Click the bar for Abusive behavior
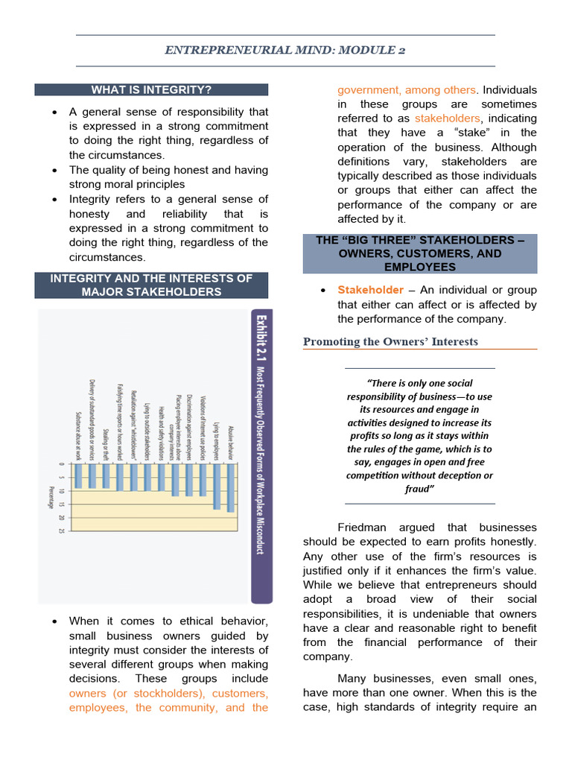[x=229, y=488]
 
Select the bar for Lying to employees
[x=216, y=487]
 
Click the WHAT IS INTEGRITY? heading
[x=151, y=90]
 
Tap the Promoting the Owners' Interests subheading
[x=390, y=342]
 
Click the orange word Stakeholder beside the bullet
[x=370, y=290]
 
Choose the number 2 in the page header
[x=401, y=51]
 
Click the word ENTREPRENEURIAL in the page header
[x=214, y=51]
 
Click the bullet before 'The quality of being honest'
[x=54, y=171]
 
